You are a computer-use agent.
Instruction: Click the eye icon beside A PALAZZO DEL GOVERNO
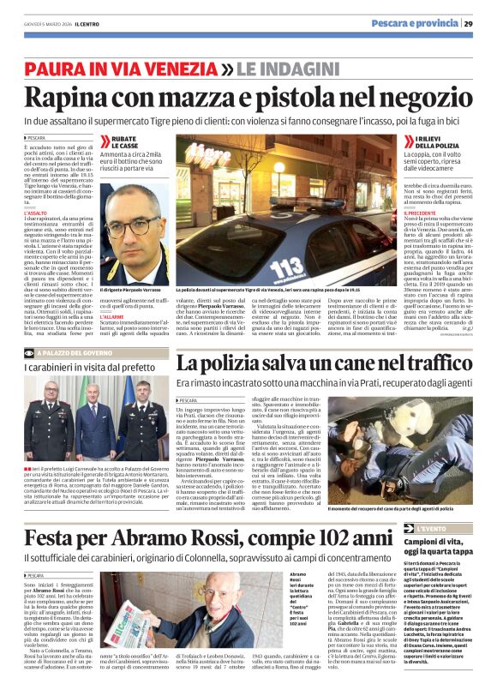[x=31, y=352]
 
